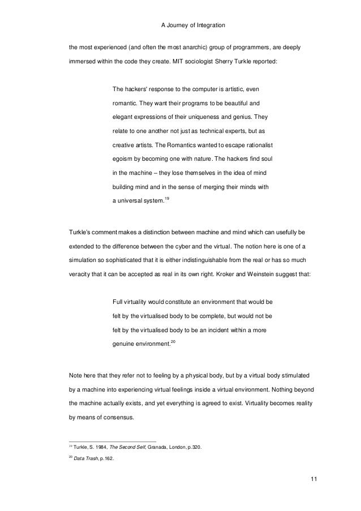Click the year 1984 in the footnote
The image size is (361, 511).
[x=101, y=448]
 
